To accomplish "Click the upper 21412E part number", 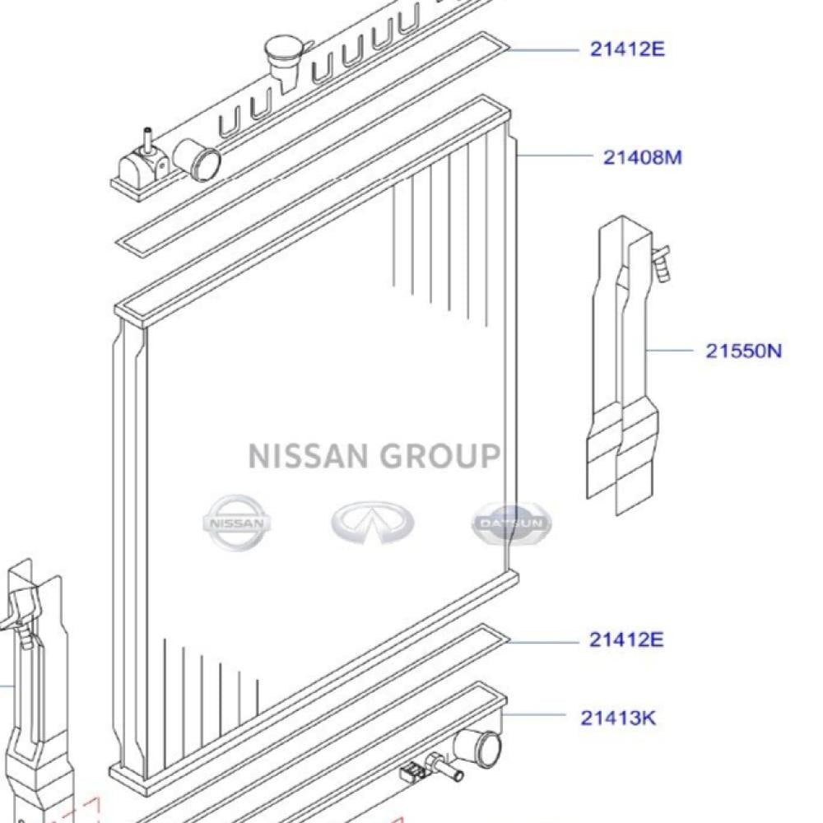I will [x=626, y=49].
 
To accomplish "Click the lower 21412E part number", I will [x=626, y=639].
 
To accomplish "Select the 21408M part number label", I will [x=643, y=156].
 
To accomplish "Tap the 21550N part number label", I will [x=743, y=351].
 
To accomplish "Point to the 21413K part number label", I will [x=619, y=718].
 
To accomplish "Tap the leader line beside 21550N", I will [x=671, y=351].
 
